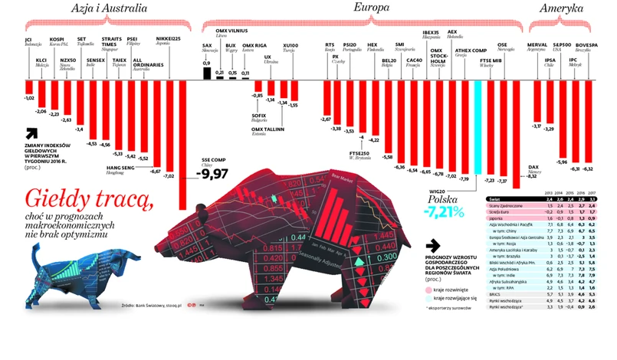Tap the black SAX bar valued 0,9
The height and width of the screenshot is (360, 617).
tap(206, 74)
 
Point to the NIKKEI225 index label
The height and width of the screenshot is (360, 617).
tap(169, 38)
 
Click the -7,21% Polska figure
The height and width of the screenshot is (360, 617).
tap(445, 210)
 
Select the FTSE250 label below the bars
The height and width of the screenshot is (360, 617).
tap(359, 153)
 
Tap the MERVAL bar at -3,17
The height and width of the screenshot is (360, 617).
tap(536, 99)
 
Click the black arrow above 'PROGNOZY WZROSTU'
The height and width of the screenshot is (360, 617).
tap(435, 245)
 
